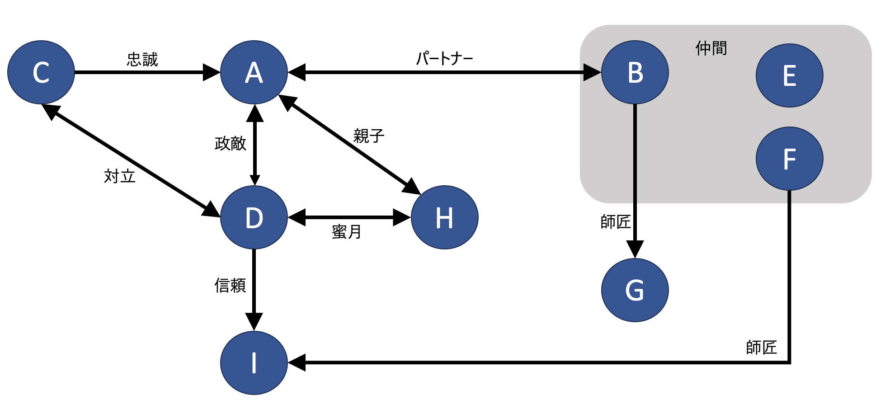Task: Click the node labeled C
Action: coord(41,72)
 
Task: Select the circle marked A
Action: coord(254,72)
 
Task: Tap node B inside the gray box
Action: coord(635,72)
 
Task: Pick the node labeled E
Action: coord(790,75)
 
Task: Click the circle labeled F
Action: coord(790,159)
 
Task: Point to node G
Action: coord(635,290)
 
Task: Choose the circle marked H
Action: coord(445,217)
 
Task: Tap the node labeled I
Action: coord(254,363)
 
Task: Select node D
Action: coord(254,217)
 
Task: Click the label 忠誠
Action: coord(142,59)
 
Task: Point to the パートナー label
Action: coord(444,58)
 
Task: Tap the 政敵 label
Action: coord(231,143)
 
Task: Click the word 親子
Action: coord(369,136)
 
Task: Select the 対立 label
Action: coord(120,176)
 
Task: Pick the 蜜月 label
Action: coord(347,232)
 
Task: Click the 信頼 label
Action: coord(231,285)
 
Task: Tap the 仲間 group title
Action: coord(711,48)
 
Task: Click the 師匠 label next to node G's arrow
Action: coord(616,222)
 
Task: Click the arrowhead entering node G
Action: coord(635,249)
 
